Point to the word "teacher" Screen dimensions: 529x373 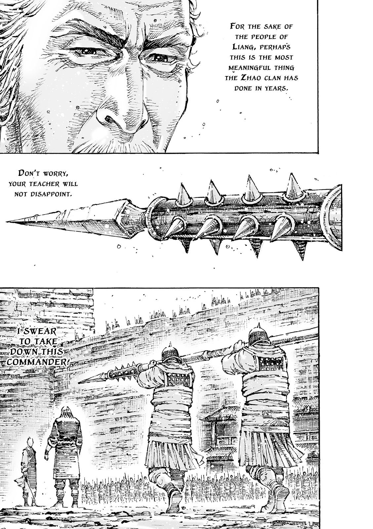[53, 183]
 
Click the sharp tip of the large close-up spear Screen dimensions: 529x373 [10, 221]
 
